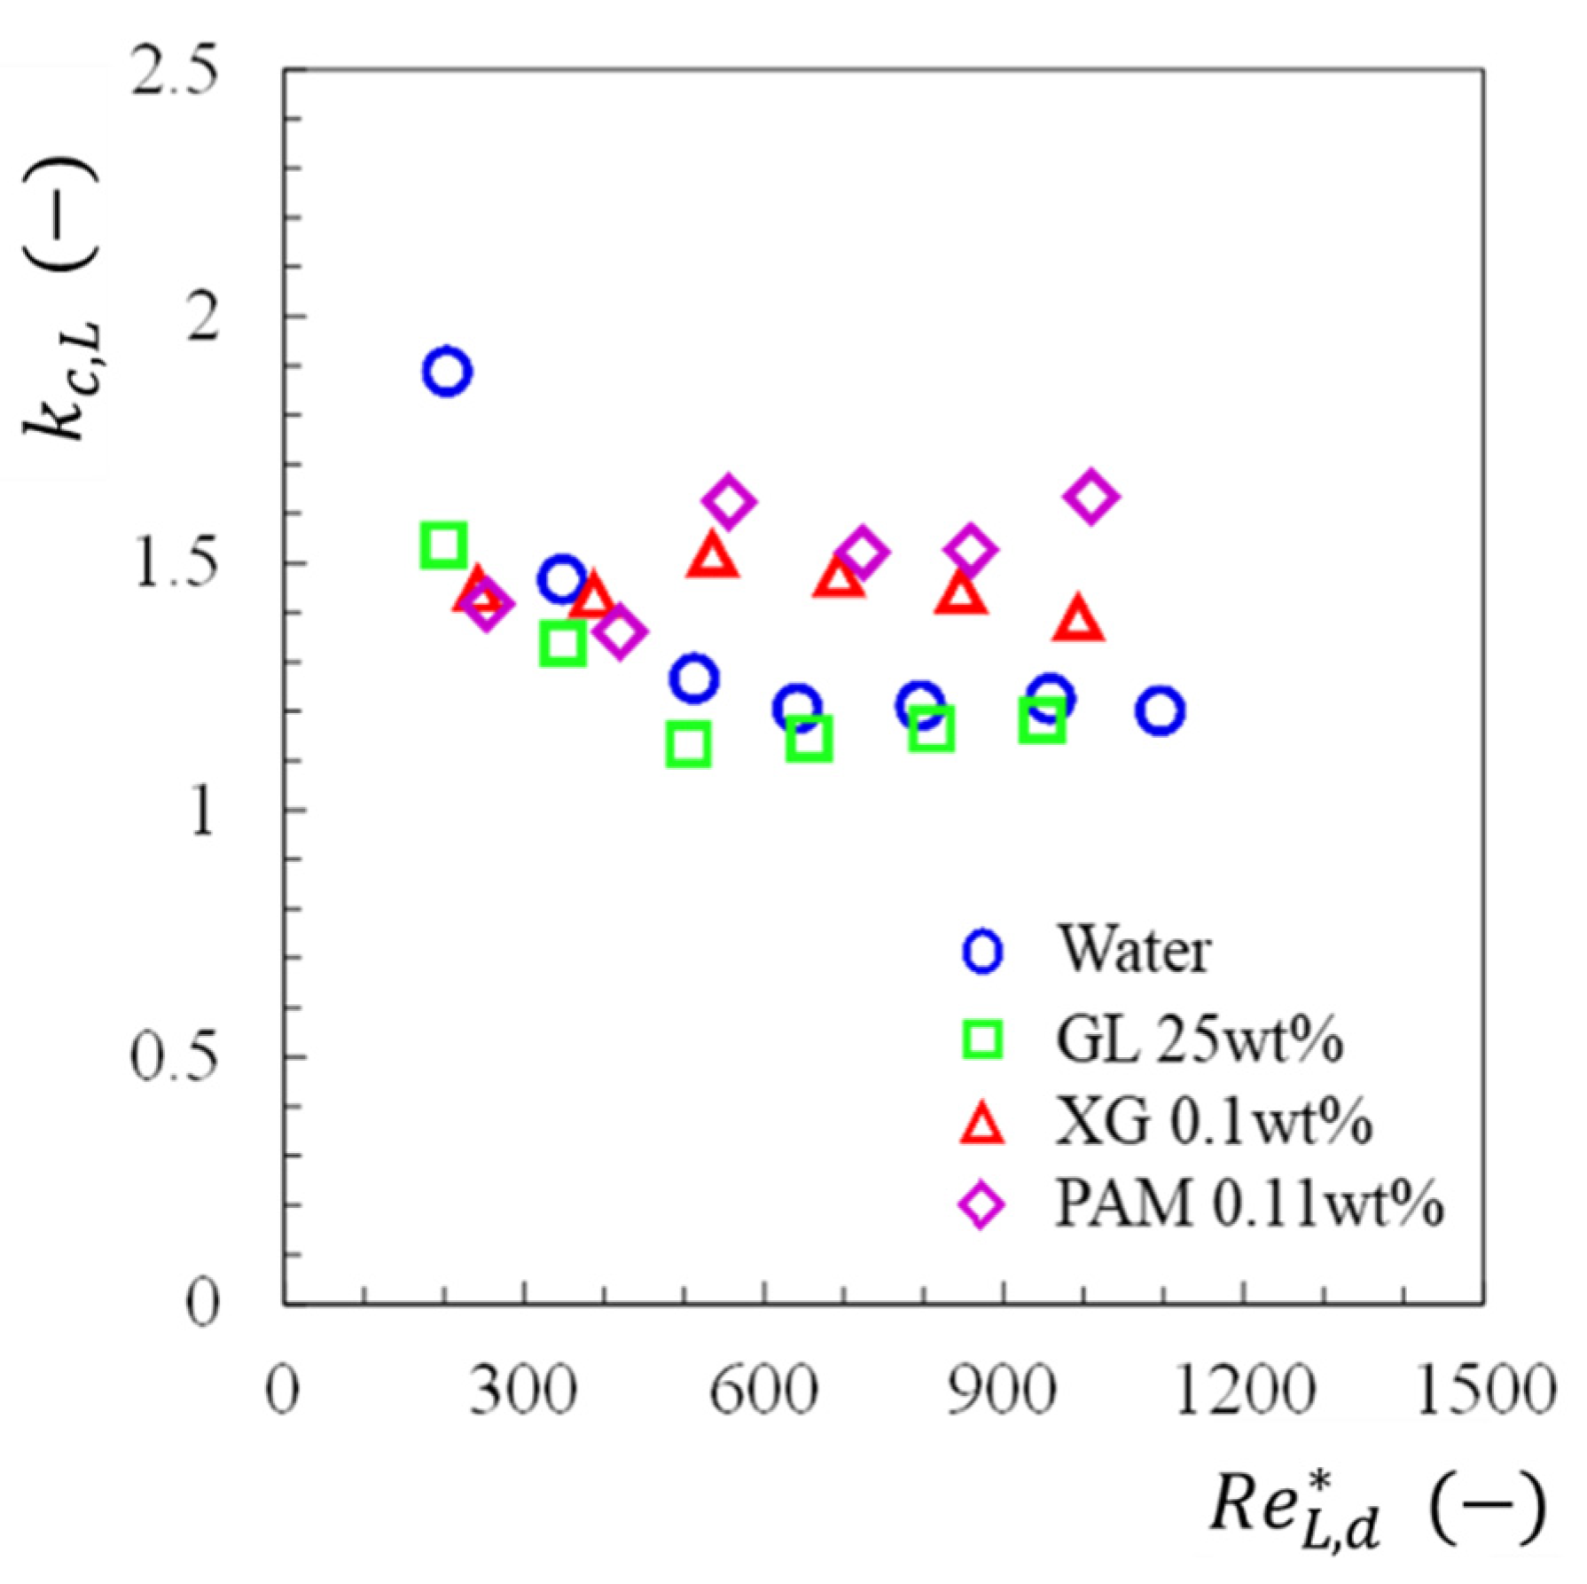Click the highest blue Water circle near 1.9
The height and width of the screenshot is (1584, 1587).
(x=447, y=371)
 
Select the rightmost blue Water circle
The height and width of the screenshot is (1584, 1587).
(x=1159, y=710)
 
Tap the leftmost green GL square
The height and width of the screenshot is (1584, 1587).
(x=443, y=545)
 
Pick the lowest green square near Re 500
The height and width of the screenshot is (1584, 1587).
(x=688, y=744)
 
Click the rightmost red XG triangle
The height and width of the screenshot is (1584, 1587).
(x=1078, y=621)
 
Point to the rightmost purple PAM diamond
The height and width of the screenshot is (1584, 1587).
(x=1090, y=497)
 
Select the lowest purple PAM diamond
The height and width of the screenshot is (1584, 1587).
(x=619, y=631)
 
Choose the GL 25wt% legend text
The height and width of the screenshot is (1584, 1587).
(x=1199, y=1038)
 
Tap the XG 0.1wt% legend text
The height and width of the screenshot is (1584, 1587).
(x=1213, y=1122)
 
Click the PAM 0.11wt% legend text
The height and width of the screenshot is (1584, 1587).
(x=1248, y=1204)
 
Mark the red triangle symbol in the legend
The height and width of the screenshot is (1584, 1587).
(x=982, y=1124)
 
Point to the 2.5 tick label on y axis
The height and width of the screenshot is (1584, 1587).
(x=175, y=71)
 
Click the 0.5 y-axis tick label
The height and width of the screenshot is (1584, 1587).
(x=175, y=1057)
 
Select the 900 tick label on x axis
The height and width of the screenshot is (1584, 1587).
(x=1003, y=1391)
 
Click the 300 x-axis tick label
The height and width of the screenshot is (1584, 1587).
(x=523, y=1391)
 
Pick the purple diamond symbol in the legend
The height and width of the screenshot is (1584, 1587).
(x=982, y=1205)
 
